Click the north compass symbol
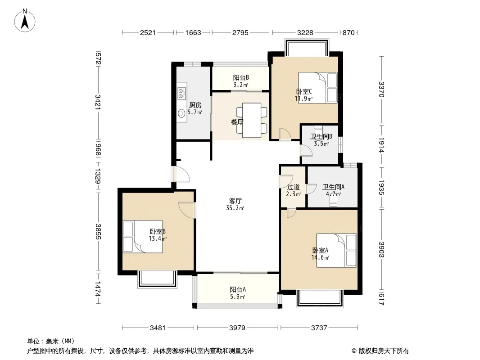(x=25, y=20)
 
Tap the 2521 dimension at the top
(x=148, y=32)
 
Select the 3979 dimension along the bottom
(x=237, y=328)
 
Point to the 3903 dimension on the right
(x=381, y=250)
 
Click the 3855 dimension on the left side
(x=98, y=232)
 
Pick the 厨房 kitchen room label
(x=195, y=105)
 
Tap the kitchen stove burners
(x=181, y=93)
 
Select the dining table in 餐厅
(x=251, y=120)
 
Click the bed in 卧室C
(x=318, y=87)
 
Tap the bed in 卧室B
(x=143, y=236)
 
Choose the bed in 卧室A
(x=336, y=251)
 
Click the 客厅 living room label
(x=235, y=201)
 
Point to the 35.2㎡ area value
(x=235, y=208)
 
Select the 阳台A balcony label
(x=238, y=289)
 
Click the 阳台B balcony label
(x=241, y=78)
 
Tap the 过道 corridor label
(x=293, y=187)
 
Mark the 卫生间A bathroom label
(x=333, y=187)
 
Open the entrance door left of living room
(x=181, y=174)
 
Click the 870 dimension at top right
(x=349, y=32)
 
